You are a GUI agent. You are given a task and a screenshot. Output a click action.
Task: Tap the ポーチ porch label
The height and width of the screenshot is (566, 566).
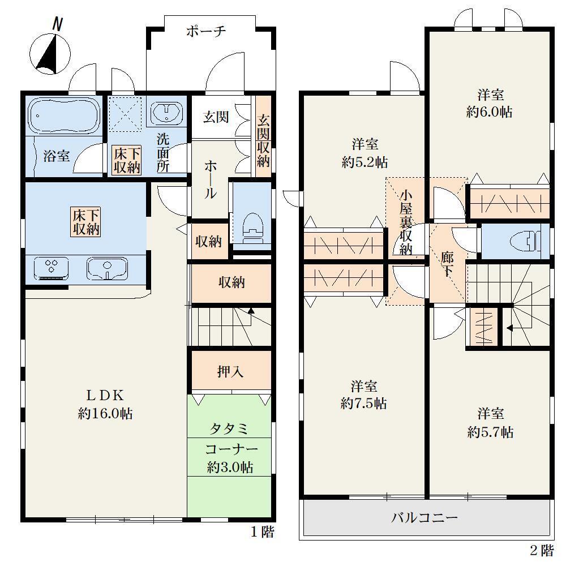pos(206,31)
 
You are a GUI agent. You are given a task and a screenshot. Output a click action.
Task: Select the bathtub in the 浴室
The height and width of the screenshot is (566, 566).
pos(65,115)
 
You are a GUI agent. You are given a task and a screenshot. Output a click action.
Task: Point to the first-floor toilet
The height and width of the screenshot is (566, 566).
pos(253,230)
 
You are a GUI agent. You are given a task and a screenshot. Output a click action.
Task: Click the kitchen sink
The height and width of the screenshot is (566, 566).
pos(107,268)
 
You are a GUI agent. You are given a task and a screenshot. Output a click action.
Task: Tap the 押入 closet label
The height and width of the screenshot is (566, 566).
pos(230,371)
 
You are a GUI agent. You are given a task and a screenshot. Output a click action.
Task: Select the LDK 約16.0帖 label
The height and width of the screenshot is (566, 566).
pos(105,404)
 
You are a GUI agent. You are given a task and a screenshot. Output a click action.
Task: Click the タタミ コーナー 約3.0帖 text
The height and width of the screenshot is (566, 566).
pos(230,448)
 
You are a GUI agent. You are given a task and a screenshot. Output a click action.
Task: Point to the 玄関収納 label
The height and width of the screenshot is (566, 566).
pos(263,140)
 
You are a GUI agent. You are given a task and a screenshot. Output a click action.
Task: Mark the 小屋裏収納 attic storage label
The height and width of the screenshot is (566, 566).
pos(406,222)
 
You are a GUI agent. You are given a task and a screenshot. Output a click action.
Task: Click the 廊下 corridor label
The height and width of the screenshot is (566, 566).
pos(448,264)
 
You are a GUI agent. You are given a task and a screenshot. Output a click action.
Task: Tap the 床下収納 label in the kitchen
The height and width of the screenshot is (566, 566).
pos(86,222)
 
